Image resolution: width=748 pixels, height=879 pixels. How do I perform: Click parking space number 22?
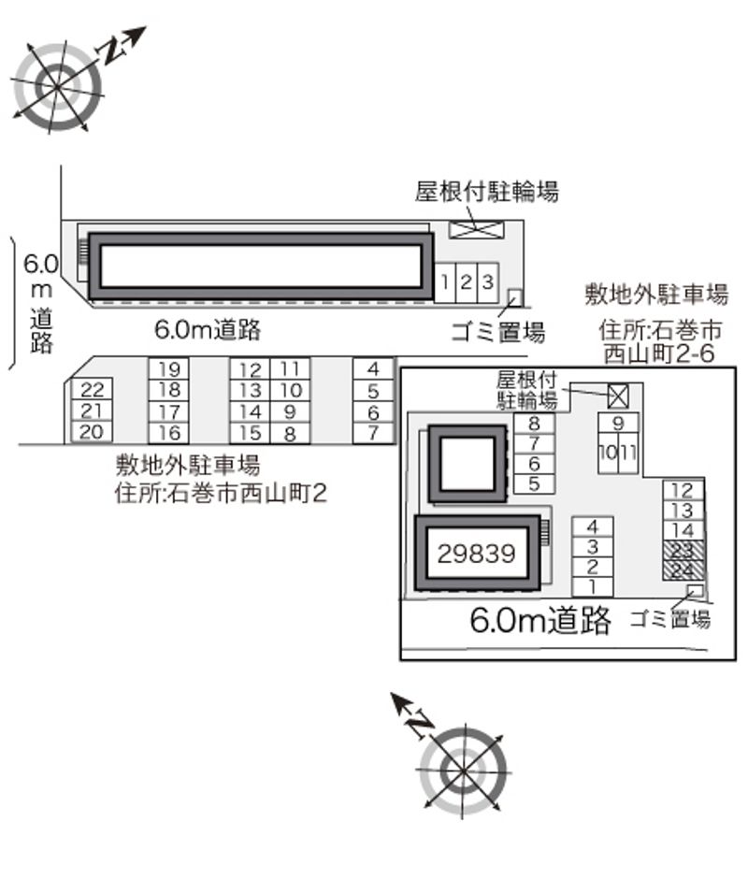[x=92, y=388]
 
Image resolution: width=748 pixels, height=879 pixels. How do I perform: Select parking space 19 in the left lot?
[x=169, y=368]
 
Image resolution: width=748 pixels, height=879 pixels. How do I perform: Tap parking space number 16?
[x=169, y=433]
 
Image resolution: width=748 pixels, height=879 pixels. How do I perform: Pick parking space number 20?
[x=92, y=432]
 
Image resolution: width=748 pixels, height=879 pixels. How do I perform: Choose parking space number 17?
[x=169, y=411]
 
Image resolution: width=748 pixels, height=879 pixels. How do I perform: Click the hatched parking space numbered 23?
[x=683, y=551]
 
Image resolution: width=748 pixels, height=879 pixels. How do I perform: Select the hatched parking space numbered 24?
[x=683, y=570]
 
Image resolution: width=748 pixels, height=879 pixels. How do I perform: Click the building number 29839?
[x=477, y=554]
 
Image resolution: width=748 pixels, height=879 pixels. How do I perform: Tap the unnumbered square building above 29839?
[x=467, y=464]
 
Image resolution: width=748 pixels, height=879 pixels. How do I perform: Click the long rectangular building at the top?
[x=261, y=267]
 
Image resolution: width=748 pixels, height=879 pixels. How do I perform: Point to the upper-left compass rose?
[x=58, y=87]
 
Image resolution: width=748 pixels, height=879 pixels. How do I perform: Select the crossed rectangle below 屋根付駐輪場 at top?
[x=477, y=229]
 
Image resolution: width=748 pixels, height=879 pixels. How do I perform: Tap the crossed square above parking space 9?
[x=617, y=396]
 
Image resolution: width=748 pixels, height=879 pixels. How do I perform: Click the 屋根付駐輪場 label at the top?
[x=487, y=191]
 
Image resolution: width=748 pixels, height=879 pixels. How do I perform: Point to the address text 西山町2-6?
[x=659, y=353]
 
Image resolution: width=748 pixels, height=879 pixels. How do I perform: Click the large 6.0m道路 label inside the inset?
[x=540, y=620]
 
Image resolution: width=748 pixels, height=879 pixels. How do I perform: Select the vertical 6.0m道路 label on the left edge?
[x=41, y=303]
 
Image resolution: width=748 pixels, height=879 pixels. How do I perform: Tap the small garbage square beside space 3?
[x=515, y=297]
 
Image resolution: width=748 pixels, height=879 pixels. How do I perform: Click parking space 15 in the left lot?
[x=250, y=433]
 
